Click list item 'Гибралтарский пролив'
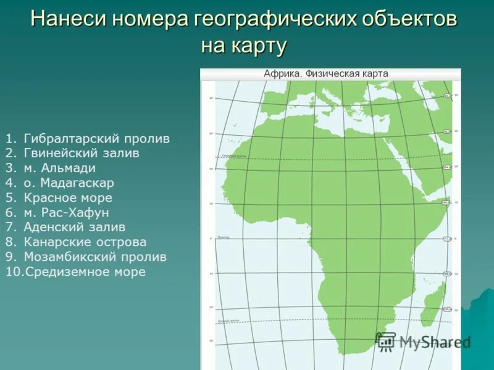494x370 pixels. [96, 139]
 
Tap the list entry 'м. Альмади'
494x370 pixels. [60, 168]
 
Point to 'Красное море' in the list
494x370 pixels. [68, 198]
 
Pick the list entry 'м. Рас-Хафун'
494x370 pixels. [66, 213]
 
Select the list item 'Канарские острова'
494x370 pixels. [85, 242]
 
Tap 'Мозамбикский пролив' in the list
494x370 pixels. [95, 257]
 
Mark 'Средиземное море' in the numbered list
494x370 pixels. [85, 272]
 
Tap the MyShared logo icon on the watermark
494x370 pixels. [385, 341]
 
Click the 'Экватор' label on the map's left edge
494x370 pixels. [224, 236]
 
